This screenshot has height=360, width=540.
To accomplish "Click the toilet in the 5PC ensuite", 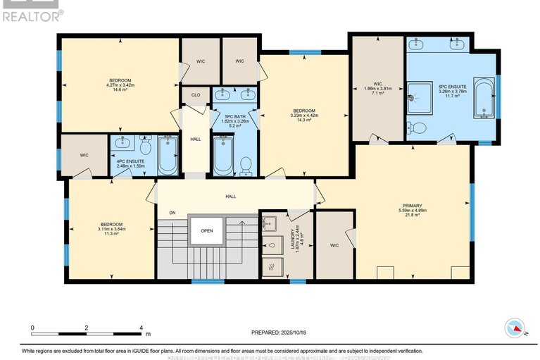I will point(415,128).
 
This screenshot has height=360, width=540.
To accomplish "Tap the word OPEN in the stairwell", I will point(206,230).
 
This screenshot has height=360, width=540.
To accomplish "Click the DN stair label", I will point(171,212).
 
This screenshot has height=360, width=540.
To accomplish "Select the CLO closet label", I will point(195,94).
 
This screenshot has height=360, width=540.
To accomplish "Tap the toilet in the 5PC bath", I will point(246,163).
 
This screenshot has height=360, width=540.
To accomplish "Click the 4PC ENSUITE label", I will point(131,161).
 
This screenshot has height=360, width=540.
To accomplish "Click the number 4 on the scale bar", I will point(142,328).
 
